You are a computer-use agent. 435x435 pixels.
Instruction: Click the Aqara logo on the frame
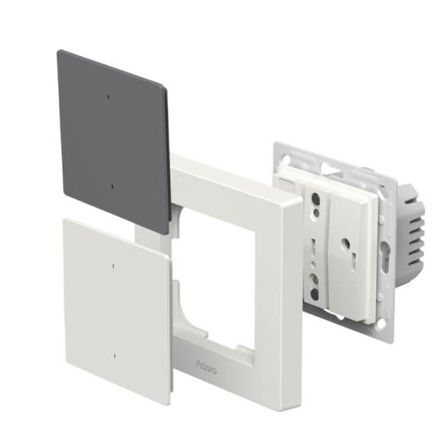206,367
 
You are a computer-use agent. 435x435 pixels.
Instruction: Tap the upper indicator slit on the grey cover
108,97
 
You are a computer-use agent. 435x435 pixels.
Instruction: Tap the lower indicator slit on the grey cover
112,187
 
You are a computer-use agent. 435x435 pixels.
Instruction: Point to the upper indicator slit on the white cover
113,266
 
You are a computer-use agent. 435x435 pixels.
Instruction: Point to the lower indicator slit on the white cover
114,356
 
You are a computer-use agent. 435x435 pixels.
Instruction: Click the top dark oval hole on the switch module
315,198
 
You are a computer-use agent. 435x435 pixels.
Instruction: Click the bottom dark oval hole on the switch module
314,294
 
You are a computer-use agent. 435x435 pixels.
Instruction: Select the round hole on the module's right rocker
346,243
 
